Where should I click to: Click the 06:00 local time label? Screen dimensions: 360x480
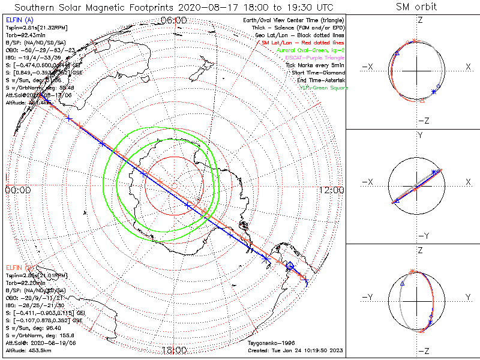[175, 20]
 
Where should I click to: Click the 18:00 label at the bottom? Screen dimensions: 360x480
[175, 350]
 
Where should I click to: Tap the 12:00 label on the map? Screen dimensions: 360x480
[331, 190]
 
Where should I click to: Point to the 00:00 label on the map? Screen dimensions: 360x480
[17, 190]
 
